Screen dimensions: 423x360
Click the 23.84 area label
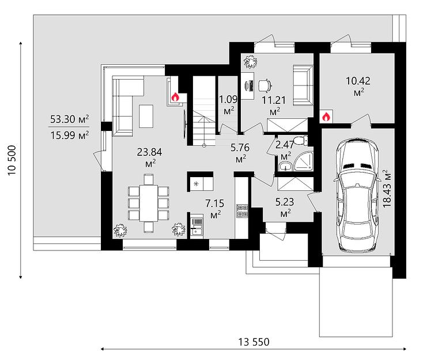tap(149, 157)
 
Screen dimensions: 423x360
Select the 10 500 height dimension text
tap(13, 160)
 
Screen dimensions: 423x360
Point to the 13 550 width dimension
tap(254, 342)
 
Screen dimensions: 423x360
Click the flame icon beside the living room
tap(175, 97)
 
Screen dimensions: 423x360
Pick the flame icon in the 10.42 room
tap(326, 117)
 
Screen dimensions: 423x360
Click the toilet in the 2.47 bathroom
tap(300, 141)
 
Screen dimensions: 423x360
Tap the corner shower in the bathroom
tap(304, 162)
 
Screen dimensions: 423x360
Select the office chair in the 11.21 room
tap(265, 85)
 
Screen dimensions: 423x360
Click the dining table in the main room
tap(148, 203)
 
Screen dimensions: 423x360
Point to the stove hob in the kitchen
tap(242, 211)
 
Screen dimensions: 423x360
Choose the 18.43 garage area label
tap(387, 188)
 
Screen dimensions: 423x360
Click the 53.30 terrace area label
tap(70, 119)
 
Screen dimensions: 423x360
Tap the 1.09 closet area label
tap(228, 105)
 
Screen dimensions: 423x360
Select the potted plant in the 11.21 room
tap(250, 62)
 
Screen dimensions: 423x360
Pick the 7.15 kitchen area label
tap(215, 208)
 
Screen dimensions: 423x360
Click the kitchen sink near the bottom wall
tap(197, 226)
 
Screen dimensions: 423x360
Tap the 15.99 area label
tap(70, 135)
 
